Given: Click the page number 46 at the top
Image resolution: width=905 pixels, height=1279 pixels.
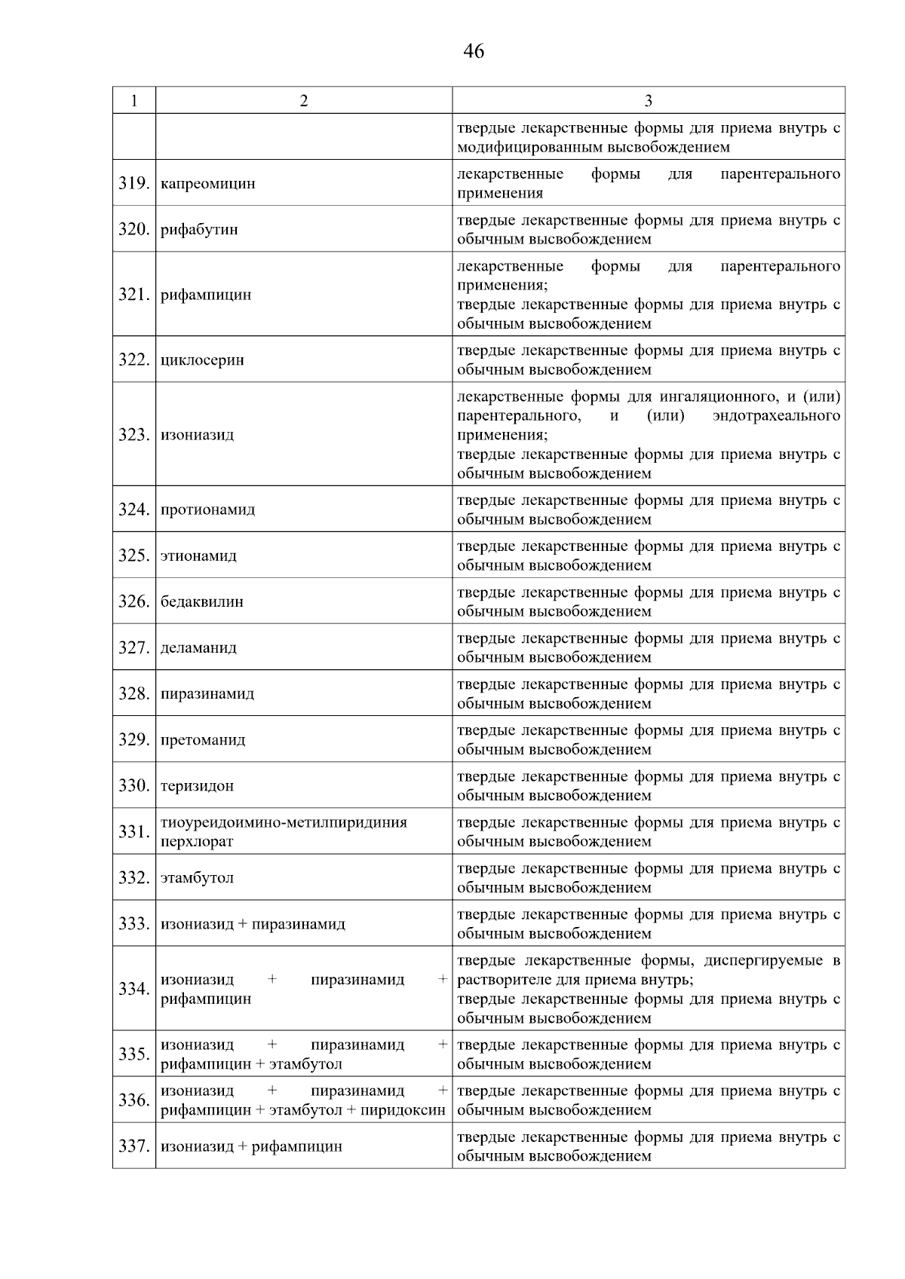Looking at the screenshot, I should (x=474, y=51).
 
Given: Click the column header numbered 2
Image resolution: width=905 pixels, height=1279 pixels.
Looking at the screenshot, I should (x=303, y=101).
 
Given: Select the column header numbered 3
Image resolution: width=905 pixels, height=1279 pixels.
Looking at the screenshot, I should (x=648, y=101).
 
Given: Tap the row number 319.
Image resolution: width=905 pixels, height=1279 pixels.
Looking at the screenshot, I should (x=133, y=183).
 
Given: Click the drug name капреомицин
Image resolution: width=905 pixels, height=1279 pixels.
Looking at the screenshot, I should (x=208, y=183).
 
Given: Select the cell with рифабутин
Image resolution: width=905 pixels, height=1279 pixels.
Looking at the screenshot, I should (x=199, y=230).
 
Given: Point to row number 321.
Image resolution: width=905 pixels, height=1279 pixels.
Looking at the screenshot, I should (x=133, y=295).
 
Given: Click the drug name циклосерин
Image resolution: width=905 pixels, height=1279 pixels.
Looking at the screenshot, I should (x=202, y=360).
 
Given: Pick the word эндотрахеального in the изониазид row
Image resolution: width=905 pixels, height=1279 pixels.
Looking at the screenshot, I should (x=776, y=416).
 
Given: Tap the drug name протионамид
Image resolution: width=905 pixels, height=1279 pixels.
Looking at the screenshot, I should (x=208, y=509).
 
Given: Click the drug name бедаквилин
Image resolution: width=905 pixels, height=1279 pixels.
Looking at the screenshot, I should (x=202, y=602).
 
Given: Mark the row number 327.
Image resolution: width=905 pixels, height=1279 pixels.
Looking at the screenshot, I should (x=133, y=648).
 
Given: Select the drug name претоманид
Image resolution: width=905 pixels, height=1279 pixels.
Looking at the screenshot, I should (x=203, y=740).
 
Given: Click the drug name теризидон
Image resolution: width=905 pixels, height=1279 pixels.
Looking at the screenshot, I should (x=198, y=786).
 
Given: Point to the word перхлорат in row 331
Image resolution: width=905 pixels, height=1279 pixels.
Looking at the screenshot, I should (x=197, y=842).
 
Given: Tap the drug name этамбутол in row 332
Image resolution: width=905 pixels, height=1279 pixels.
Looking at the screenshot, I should (x=198, y=878).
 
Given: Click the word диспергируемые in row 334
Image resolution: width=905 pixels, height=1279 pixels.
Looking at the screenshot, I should (x=760, y=961).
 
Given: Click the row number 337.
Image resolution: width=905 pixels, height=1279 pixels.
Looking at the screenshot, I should (x=133, y=1146).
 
